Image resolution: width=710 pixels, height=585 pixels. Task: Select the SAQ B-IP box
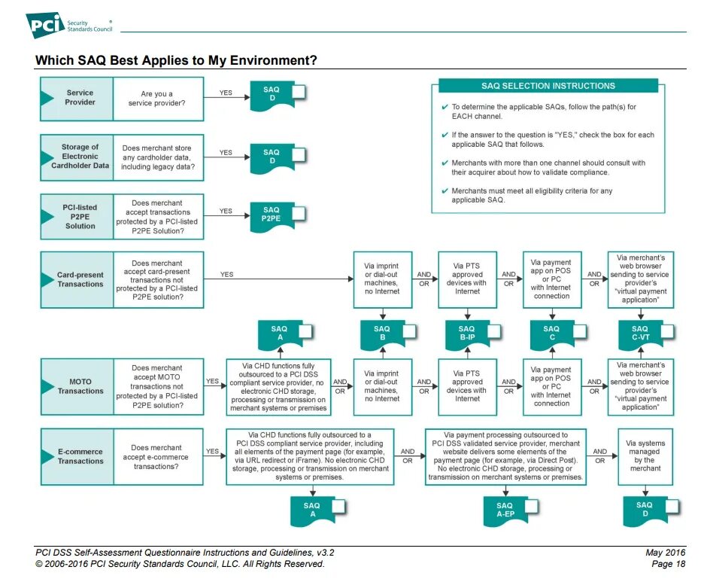468,334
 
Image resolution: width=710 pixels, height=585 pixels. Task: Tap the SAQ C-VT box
641,334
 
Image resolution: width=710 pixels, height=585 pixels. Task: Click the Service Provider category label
80,98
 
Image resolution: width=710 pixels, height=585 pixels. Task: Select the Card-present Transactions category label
80,279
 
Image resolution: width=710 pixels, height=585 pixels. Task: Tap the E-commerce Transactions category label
80,456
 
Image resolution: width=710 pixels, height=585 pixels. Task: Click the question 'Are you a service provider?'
157,98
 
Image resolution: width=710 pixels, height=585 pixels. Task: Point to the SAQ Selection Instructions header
558,86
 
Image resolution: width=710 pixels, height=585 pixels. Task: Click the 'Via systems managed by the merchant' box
645,456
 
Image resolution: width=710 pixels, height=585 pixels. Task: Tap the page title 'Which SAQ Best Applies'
176,60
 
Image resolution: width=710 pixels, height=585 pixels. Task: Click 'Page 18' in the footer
668,564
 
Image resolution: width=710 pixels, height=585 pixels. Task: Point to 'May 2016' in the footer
666,553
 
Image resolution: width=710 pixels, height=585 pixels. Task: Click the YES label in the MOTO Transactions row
213,381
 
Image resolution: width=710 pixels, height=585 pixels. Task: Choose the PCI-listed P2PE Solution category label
80,216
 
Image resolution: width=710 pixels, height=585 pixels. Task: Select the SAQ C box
553,334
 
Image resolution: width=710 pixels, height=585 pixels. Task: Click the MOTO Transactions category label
80,386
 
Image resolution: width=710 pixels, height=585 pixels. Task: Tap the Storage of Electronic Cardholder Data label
80,156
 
